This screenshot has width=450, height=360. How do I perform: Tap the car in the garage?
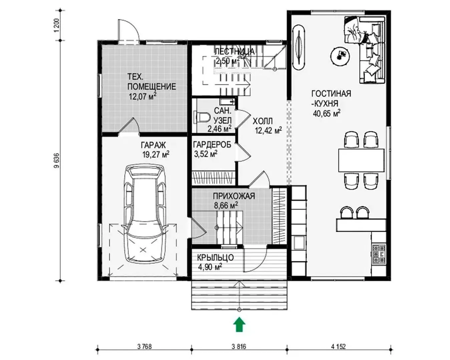(144, 213)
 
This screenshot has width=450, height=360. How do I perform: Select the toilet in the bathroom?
(202, 117)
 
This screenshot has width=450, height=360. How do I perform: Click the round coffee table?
(340, 56)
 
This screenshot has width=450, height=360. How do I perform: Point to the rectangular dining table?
(361, 160)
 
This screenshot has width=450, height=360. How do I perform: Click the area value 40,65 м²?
(327, 113)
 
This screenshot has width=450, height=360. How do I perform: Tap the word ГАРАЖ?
(153, 145)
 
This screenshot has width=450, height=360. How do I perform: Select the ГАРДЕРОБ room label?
(212, 144)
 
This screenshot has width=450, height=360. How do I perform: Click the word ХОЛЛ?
(263, 121)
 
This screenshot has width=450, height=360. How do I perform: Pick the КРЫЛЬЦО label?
(215, 257)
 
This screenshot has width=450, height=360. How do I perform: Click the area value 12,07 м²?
(143, 97)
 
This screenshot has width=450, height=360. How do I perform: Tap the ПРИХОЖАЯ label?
(234, 196)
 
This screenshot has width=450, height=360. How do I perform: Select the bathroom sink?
(227, 102)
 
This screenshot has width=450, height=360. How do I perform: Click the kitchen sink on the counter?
(299, 243)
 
